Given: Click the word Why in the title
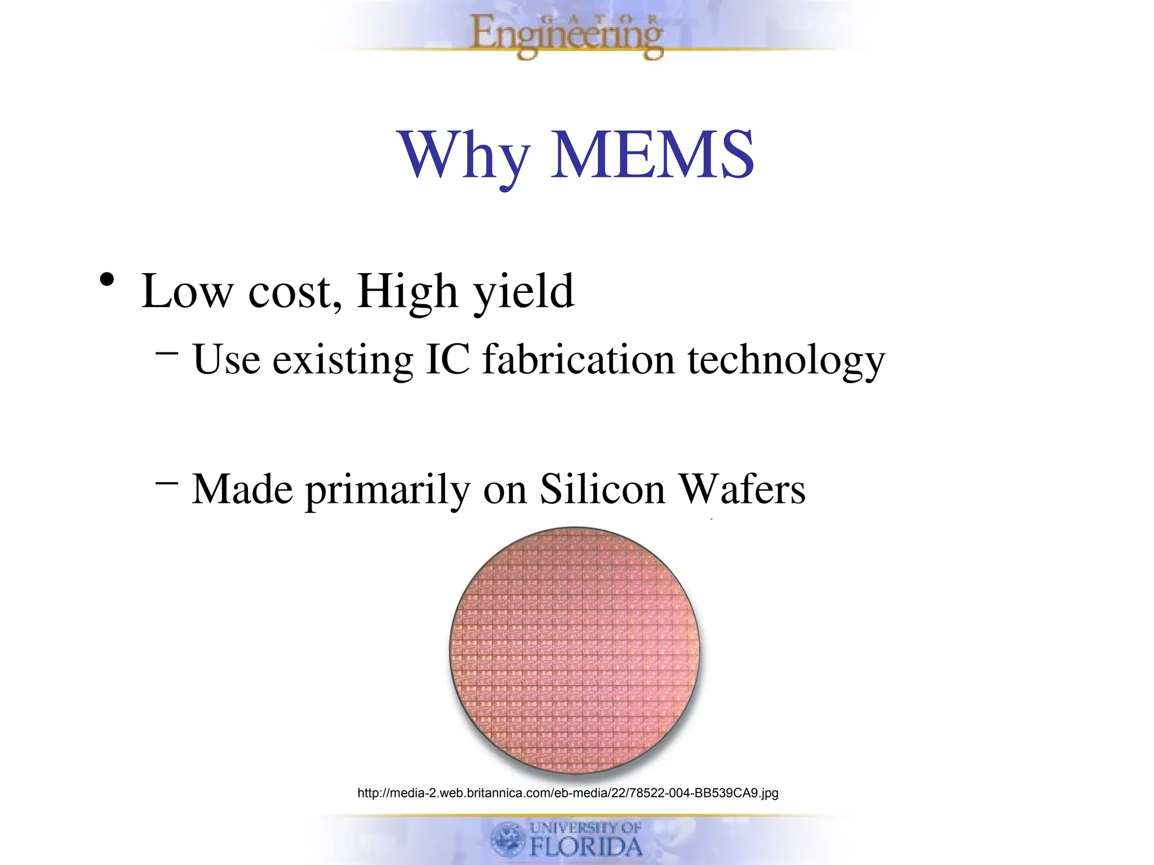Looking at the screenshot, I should tap(464, 155).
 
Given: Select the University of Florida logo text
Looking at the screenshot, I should tap(585, 839).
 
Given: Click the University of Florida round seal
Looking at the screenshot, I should tap(508, 839).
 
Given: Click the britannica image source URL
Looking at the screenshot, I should tap(567, 793).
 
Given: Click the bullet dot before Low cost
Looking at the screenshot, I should tap(107, 279).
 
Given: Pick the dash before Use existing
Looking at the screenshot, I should tap(167, 353).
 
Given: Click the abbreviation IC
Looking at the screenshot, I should tap(447, 359).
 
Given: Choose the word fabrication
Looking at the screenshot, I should tap(579, 359).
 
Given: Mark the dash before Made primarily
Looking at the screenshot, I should tap(167, 483).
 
